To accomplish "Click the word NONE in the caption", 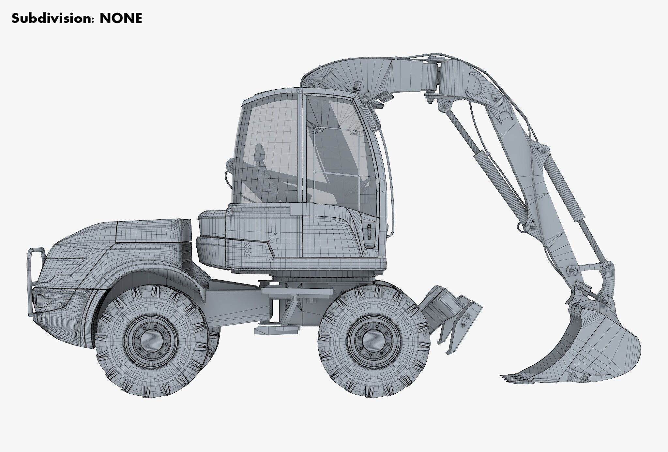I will click(121, 19).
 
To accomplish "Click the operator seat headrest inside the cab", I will click(260, 151).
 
